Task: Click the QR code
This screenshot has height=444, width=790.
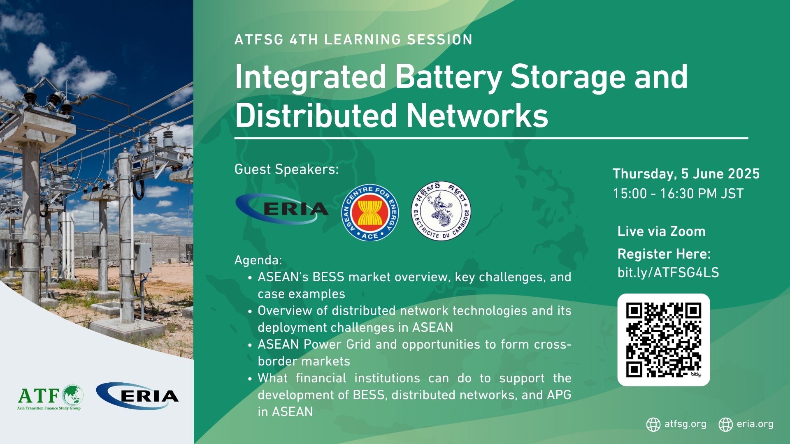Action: pyautogui.click(x=664, y=340)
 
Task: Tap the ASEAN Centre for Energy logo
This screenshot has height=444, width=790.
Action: pyautogui.click(x=370, y=213)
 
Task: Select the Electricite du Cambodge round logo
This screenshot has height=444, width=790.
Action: pyautogui.click(x=441, y=211)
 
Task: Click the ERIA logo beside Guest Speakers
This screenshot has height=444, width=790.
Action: pyautogui.click(x=282, y=209)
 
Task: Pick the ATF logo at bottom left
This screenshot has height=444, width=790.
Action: pyautogui.click(x=50, y=397)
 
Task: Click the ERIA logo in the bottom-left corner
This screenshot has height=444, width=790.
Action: pyautogui.click(x=137, y=395)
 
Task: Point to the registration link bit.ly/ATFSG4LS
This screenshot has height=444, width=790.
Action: pyautogui.click(x=668, y=273)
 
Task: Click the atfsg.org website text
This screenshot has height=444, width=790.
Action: pyautogui.click(x=685, y=424)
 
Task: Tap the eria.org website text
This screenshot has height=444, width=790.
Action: pyautogui.click(x=755, y=424)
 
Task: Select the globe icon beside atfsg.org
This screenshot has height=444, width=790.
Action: pyautogui.click(x=653, y=424)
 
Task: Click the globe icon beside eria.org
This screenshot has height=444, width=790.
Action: pyautogui.click(x=725, y=424)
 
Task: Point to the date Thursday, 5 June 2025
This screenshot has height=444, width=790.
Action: pyautogui.click(x=686, y=174)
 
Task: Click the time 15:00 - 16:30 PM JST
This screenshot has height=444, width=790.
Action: pyautogui.click(x=678, y=194)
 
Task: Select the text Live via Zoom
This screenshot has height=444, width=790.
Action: pyautogui.click(x=661, y=231)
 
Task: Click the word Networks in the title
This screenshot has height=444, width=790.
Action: pyautogui.click(x=477, y=116)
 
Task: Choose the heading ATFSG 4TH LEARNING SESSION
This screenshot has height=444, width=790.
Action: pyautogui.click(x=353, y=39)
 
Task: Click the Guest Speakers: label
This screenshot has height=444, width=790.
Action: pyautogui.click(x=286, y=169)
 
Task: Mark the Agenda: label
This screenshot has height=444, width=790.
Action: pyautogui.click(x=258, y=261)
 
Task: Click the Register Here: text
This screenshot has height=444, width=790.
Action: pyautogui.click(x=664, y=254)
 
